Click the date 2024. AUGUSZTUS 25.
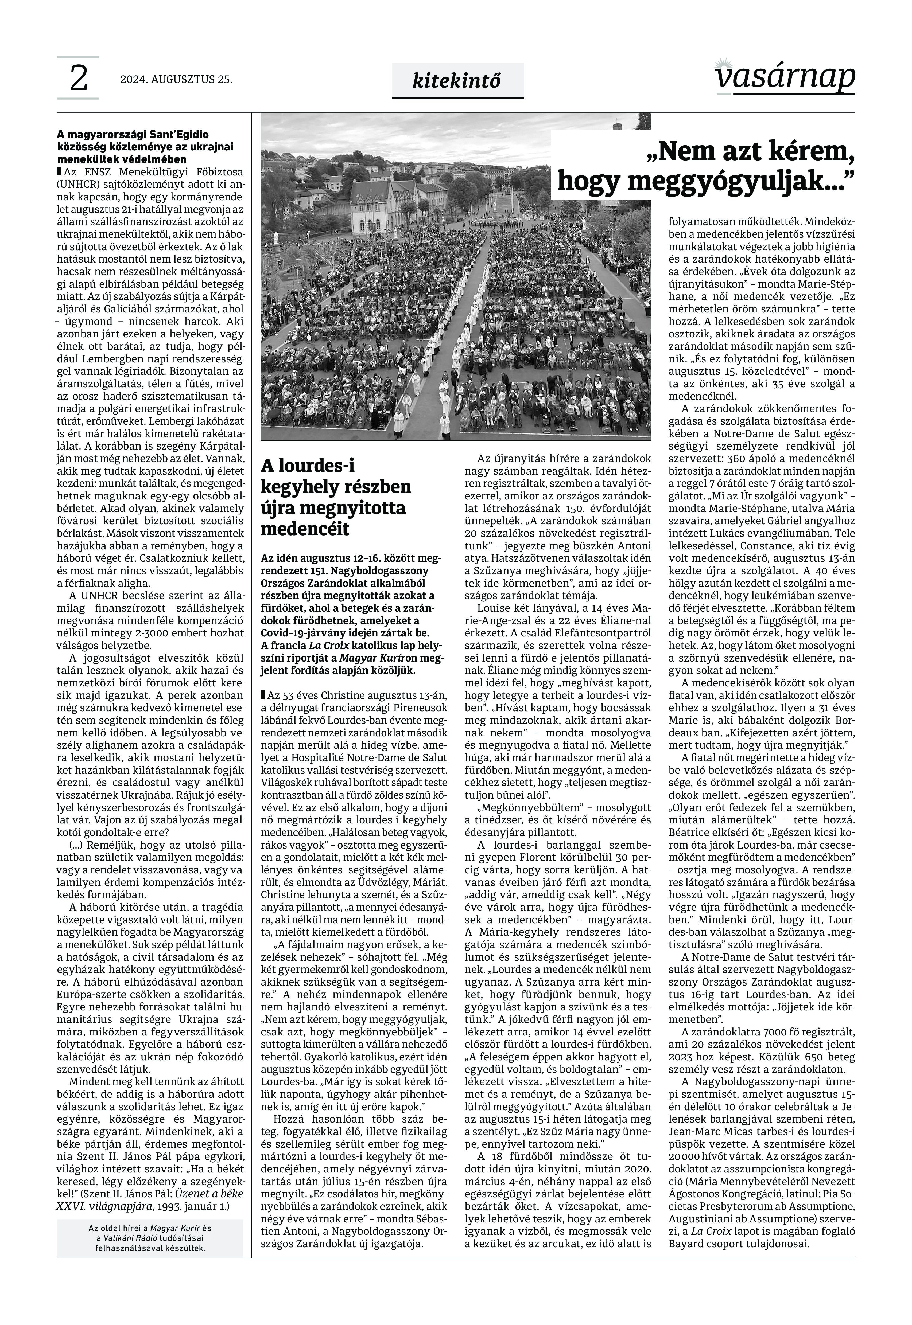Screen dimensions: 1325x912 click(x=176, y=80)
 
